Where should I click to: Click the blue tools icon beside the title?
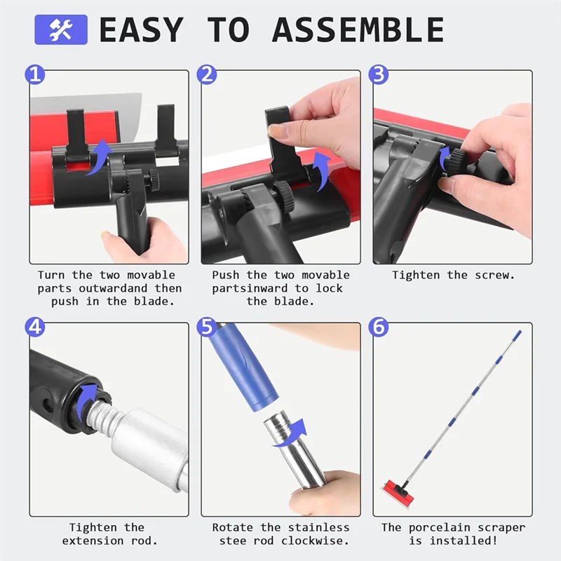click(x=61, y=29)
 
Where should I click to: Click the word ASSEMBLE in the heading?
click(x=358, y=29)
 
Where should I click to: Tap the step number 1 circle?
click(x=34, y=75)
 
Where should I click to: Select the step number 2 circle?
click(x=207, y=75)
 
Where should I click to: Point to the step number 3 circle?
click(x=379, y=75)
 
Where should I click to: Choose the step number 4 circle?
click(x=34, y=327)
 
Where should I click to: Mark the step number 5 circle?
click(x=207, y=327)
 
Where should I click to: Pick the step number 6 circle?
click(x=379, y=327)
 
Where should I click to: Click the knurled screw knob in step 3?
click(x=456, y=161)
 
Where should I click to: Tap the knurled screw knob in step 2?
click(x=284, y=195)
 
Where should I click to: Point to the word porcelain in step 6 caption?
click(x=440, y=528)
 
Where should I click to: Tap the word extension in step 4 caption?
click(x=93, y=541)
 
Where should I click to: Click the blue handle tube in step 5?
click(x=243, y=369)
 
